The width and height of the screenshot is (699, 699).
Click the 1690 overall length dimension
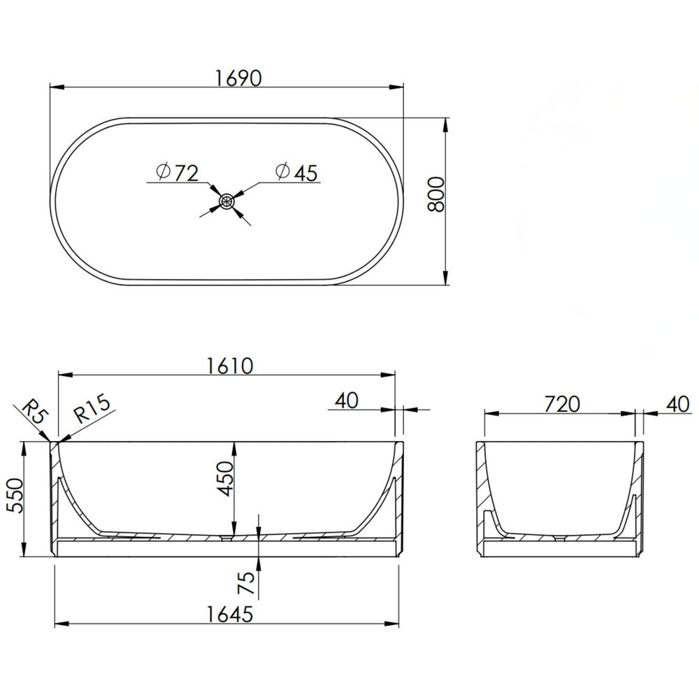pos(238,78)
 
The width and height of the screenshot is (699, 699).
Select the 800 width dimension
pos(436,194)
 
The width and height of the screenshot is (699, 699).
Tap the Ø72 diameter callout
pos(177,173)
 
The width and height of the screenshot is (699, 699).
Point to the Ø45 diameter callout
pos(296,173)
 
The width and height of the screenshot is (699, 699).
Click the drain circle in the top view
pos(227,201)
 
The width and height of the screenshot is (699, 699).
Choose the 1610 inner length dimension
pos(230,366)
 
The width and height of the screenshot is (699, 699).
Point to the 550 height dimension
pos(14,496)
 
